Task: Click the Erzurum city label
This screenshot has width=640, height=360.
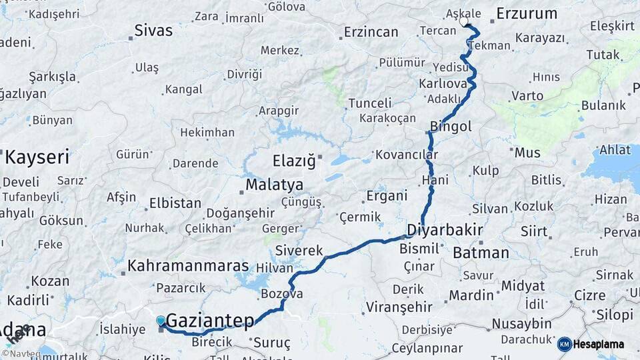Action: tap(527, 13)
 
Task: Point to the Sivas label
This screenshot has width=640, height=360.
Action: tap(153, 30)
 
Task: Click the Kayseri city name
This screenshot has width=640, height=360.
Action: tap(37, 158)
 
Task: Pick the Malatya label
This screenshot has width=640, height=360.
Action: tap(274, 185)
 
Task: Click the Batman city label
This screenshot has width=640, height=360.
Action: tap(481, 253)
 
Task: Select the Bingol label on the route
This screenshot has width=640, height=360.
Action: tap(451, 126)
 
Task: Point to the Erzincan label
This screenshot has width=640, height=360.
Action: tap(371, 32)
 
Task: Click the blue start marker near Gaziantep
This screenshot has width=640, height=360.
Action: tap(161, 321)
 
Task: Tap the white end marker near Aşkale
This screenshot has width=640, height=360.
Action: tap(464, 21)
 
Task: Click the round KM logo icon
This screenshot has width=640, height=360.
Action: tap(564, 344)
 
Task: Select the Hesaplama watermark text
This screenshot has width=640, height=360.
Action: tap(601, 345)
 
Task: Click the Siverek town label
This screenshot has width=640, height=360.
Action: tap(300, 251)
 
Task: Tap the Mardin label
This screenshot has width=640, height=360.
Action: tap(471, 295)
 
